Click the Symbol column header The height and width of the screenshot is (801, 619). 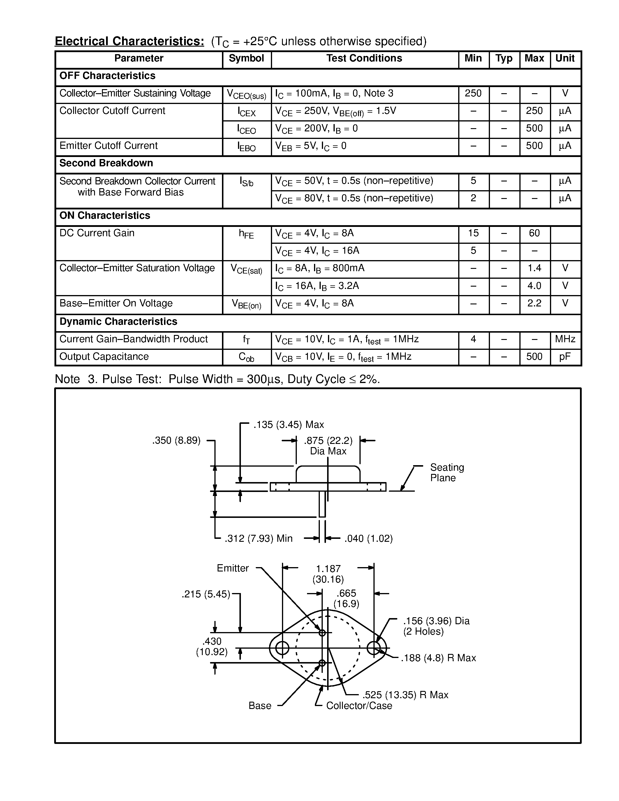246,59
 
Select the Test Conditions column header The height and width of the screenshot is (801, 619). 364,59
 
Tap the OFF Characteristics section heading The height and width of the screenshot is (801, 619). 107,76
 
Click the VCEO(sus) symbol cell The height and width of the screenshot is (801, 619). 246,95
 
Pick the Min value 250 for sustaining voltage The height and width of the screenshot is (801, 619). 473,93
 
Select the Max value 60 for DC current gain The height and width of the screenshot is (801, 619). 534,233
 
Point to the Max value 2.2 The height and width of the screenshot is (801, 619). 534,303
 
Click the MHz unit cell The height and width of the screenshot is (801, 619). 565,339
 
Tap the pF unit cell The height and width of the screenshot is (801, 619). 565,357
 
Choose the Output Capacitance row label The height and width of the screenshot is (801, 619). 104,357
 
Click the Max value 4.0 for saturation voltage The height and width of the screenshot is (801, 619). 534,286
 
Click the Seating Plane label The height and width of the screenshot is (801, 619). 447,473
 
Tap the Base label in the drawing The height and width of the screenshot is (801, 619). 260,706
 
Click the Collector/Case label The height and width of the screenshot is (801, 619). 359,706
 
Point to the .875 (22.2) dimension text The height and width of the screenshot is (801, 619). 328,441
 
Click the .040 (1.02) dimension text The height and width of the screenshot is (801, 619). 368,539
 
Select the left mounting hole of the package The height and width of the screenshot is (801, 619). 282,648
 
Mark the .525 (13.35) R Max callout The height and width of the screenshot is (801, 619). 405,695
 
